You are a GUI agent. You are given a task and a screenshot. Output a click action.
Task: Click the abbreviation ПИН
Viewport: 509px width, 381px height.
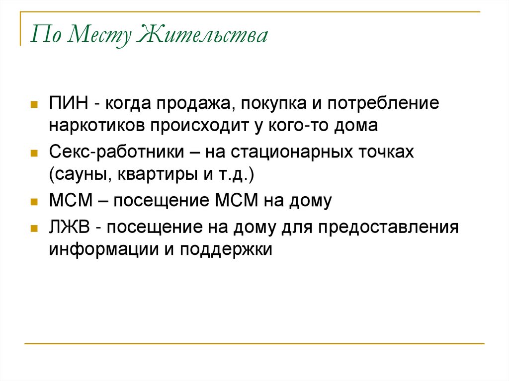[69, 104]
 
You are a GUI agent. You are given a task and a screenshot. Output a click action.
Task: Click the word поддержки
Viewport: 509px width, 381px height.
[226, 248]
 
